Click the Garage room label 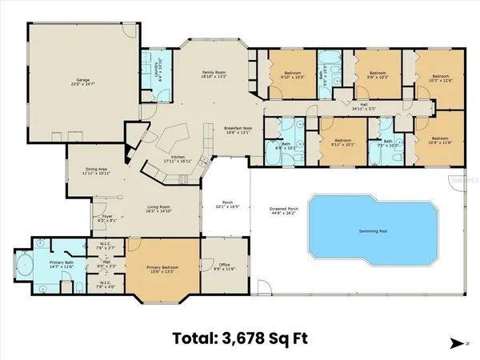coord(82,82)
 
